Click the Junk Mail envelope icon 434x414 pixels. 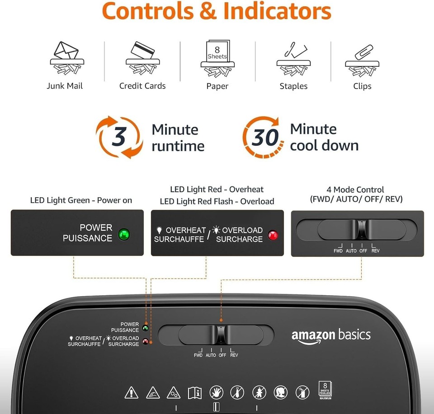tap(67, 58)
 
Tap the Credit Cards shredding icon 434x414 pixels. tap(142, 58)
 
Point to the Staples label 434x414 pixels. tap(293, 86)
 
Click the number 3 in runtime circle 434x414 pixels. tap(119, 136)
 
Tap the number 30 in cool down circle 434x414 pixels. tap(265, 137)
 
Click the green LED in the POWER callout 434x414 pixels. tap(124, 235)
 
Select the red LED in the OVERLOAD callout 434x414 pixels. tap(273, 235)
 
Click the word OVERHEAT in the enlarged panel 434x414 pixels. tap(186, 230)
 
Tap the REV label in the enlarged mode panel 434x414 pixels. tap(375, 251)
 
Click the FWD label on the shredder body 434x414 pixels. tap(198, 355)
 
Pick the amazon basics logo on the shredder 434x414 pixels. tap(331, 336)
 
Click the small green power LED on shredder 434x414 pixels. tap(145, 328)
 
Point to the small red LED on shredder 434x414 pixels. tap(145, 342)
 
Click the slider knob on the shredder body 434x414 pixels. tap(221, 335)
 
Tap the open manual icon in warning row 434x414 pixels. tap(194, 393)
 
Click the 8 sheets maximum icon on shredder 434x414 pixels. tap(325, 390)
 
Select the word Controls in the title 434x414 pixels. tap(148, 11)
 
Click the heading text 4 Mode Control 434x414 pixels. tap(355, 190)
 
